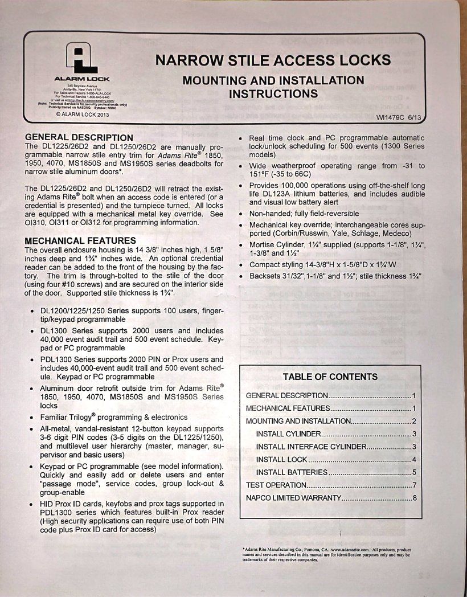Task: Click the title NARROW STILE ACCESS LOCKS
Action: pos(273,60)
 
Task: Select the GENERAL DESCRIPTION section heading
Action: pos(79,137)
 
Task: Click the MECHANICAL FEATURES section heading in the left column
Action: pos(80,240)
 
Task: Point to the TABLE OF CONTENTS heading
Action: pos(330,377)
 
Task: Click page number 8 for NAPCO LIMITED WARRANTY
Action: pos(415,498)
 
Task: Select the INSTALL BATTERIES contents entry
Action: pos(292,472)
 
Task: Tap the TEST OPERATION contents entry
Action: pos(276,485)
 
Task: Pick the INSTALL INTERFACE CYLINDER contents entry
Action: pos(312,447)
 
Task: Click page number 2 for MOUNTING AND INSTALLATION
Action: pos(415,421)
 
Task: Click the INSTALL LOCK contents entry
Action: pos(281,460)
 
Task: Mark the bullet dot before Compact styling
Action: pos(243,265)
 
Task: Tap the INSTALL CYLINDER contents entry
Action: pos(288,434)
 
